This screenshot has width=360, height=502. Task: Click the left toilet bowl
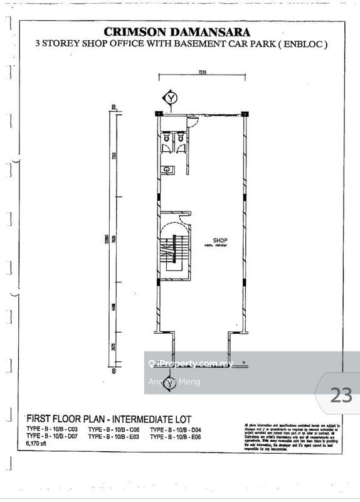166,138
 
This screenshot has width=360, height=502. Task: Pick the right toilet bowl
181,138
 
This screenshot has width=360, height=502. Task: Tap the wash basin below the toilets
166,169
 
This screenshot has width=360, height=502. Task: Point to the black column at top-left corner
157,114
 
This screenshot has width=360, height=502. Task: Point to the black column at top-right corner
244,114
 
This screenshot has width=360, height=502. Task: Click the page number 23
341,395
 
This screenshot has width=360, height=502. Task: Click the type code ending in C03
53,428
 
